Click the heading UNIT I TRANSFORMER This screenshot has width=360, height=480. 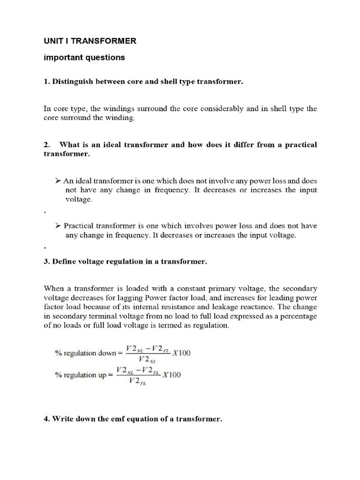(x=90, y=41)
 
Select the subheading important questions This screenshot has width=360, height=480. (x=84, y=58)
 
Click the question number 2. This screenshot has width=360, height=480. (x=46, y=145)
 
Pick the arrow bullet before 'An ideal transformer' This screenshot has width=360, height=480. (x=58, y=180)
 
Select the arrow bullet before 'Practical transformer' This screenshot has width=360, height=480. (x=58, y=225)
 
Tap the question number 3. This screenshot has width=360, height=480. (x=46, y=262)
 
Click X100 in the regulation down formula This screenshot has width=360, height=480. (x=181, y=353)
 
